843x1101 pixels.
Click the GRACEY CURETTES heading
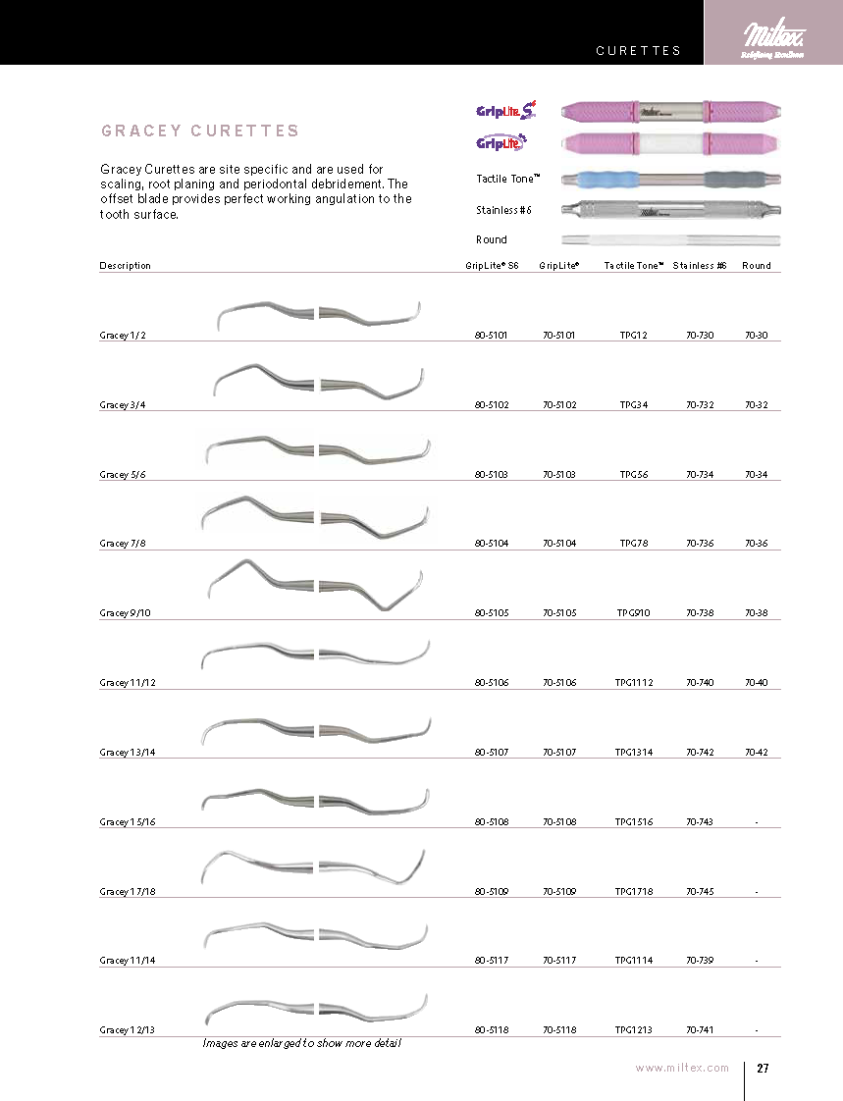point(200,131)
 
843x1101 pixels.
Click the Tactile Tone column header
point(634,266)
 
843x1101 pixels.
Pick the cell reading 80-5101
point(491,336)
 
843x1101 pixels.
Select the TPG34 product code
point(634,404)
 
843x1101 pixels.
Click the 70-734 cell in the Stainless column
point(700,475)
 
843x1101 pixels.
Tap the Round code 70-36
point(756,544)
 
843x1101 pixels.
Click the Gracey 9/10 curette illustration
point(318,585)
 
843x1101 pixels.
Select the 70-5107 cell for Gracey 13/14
point(559,753)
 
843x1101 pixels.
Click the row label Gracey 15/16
point(128,822)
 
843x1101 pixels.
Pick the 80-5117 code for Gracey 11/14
point(491,961)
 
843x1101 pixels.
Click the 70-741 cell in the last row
point(700,1030)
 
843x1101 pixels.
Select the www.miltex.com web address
point(682,1069)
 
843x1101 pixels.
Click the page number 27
point(762,1069)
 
